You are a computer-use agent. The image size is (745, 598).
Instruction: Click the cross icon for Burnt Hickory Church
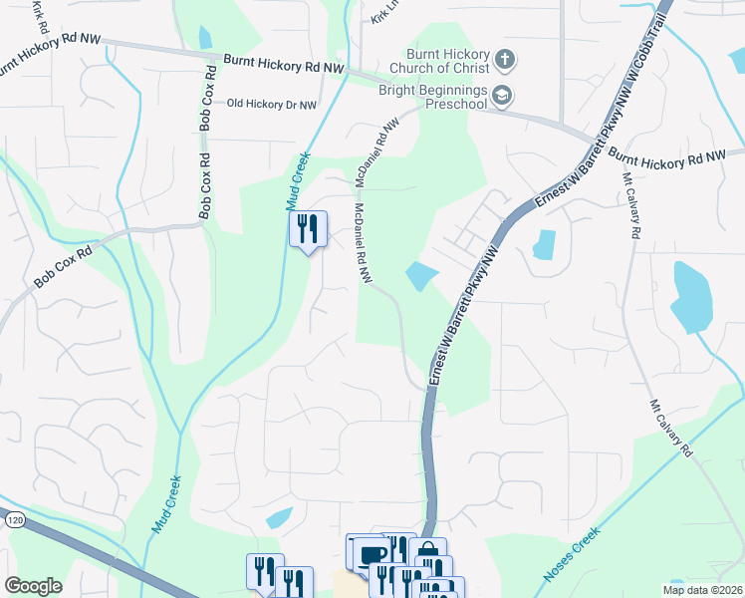[505, 61]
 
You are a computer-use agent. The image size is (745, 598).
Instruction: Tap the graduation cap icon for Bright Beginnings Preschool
[505, 96]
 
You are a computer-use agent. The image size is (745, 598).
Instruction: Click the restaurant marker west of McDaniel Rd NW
[308, 229]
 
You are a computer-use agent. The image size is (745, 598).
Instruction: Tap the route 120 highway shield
[13, 519]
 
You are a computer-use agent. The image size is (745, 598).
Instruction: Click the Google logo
[33, 586]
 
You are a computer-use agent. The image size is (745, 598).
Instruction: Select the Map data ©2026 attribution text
[702, 590]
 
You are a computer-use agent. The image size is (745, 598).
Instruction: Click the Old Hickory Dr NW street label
[272, 104]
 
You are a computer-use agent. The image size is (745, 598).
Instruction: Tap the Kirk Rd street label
[39, 12]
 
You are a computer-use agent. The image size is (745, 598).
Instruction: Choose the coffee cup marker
[372, 554]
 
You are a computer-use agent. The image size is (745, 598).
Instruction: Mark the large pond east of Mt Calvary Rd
[691, 296]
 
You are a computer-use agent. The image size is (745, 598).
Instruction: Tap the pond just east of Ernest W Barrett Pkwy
[544, 245]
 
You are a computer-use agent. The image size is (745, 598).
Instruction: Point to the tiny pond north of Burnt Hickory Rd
[205, 38]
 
